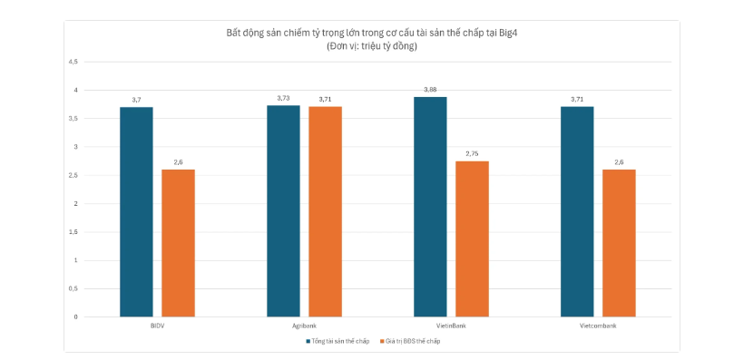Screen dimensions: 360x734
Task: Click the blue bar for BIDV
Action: click(136, 211)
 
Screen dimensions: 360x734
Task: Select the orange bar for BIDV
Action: click(178, 243)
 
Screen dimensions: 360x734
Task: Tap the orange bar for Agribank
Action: click(325, 211)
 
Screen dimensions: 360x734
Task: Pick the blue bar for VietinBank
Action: click(430, 207)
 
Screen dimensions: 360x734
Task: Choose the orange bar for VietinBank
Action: click(472, 238)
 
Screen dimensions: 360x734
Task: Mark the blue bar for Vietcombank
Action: click(577, 211)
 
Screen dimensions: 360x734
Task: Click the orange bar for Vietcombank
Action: click(619, 243)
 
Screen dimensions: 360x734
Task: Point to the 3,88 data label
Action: click(430, 90)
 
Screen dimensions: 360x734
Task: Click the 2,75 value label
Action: click(472, 154)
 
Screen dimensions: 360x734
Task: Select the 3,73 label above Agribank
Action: click(283, 98)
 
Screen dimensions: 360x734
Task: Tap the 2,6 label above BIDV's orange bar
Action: click(178, 162)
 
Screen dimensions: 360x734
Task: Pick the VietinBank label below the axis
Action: click(451, 325)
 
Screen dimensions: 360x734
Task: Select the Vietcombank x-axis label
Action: click(598, 325)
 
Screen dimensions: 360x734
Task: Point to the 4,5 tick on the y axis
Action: click(73, 62)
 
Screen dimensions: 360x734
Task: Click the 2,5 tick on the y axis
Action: click(73, 175)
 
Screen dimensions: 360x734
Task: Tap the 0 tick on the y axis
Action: click(76, 317)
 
